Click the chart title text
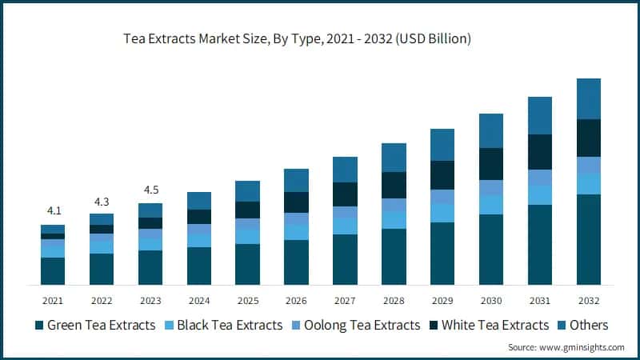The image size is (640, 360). tap(296, 38)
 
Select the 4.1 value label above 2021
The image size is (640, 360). tap(53, 211)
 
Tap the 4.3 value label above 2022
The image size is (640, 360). tap(102, 200)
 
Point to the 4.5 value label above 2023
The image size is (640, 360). tap(150, 190)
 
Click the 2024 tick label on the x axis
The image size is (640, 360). tap(199, 301)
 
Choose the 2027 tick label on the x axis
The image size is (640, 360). tap(345, 301)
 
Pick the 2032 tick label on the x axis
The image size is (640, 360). tap(588, 301)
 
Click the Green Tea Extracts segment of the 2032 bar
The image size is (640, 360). tap(589, 239)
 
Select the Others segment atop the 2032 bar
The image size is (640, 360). tap(589, 98)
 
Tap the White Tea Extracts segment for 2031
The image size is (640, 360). tap(540, 152)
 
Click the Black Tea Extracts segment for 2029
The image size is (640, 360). tap(442, 212)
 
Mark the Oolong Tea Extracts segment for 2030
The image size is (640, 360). tap(491, 188)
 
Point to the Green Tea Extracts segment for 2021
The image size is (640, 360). tap(53, 271)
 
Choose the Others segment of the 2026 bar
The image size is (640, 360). tap(297, 180)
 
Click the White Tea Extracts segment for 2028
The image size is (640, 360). tap(394, 185)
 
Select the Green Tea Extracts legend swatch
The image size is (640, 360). tap(38, 326)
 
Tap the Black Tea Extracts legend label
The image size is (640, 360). tap(229, 326)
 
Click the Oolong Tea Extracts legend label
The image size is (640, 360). tap(366, 326)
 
